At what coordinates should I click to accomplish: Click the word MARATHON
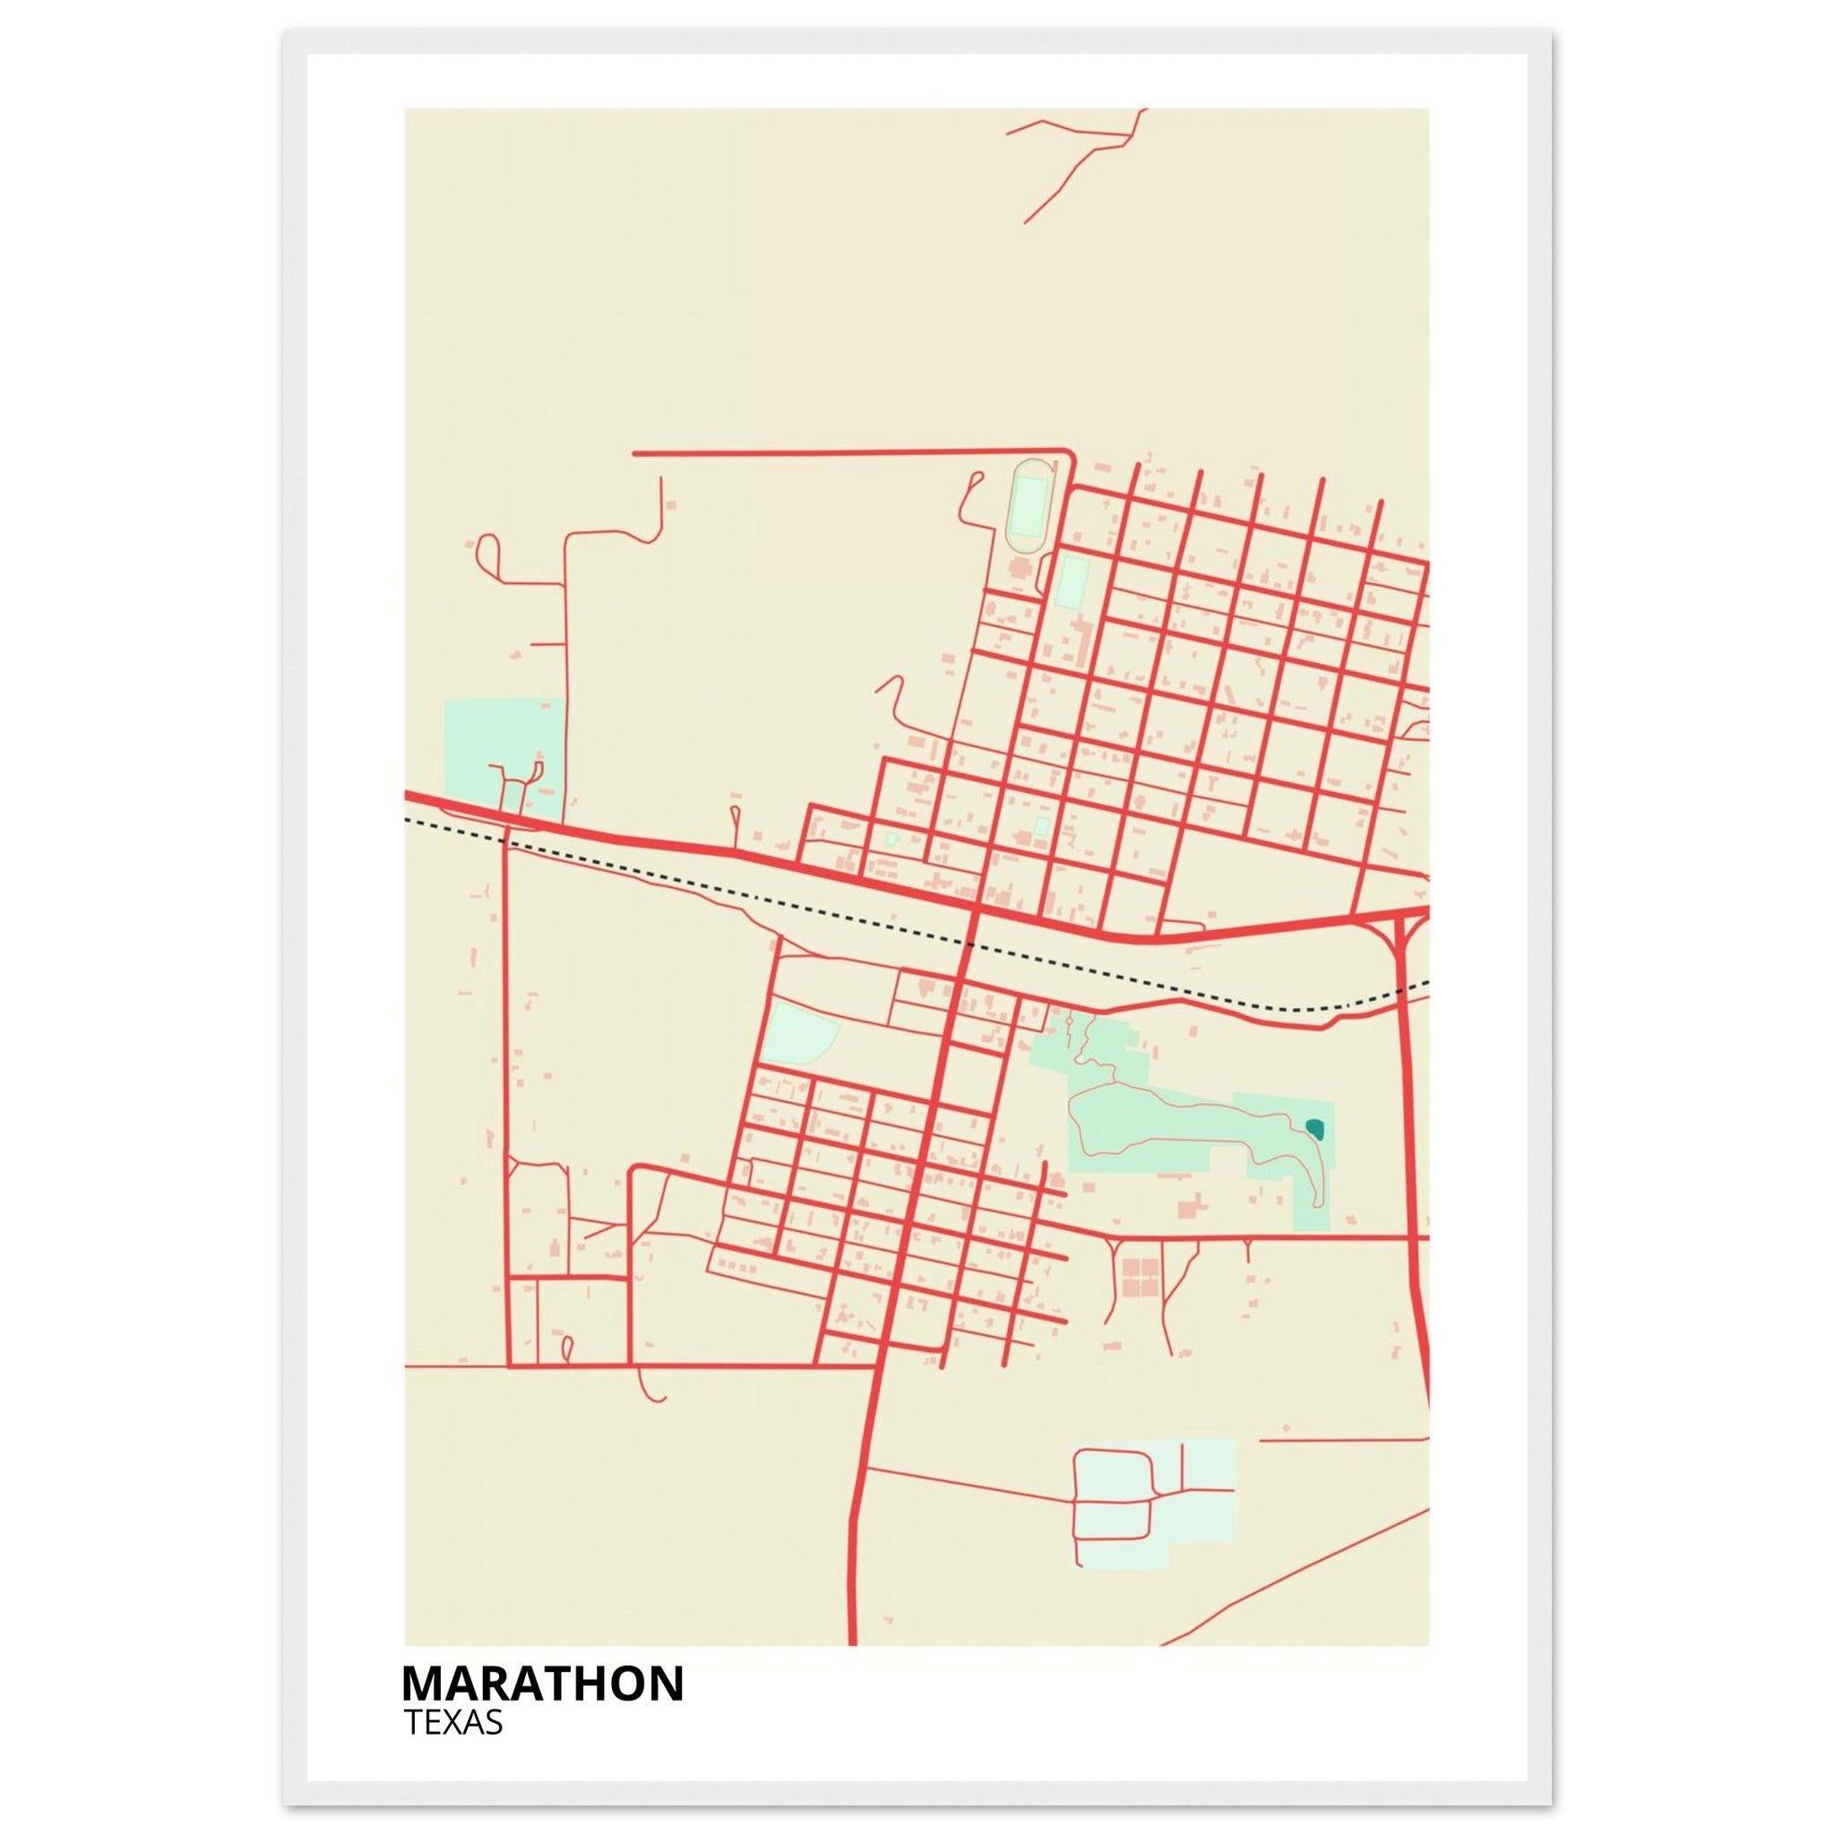542,1684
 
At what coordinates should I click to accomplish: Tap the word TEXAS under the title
453,1723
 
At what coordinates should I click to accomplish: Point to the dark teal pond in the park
1315,1128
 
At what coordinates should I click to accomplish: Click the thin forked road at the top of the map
1082,157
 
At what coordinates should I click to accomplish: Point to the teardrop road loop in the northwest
490,552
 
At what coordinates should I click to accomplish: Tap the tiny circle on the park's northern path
1070,1023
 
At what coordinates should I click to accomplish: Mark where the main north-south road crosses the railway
969,944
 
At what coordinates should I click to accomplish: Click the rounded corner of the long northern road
1070,455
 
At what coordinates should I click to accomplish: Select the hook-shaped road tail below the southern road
649,1389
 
